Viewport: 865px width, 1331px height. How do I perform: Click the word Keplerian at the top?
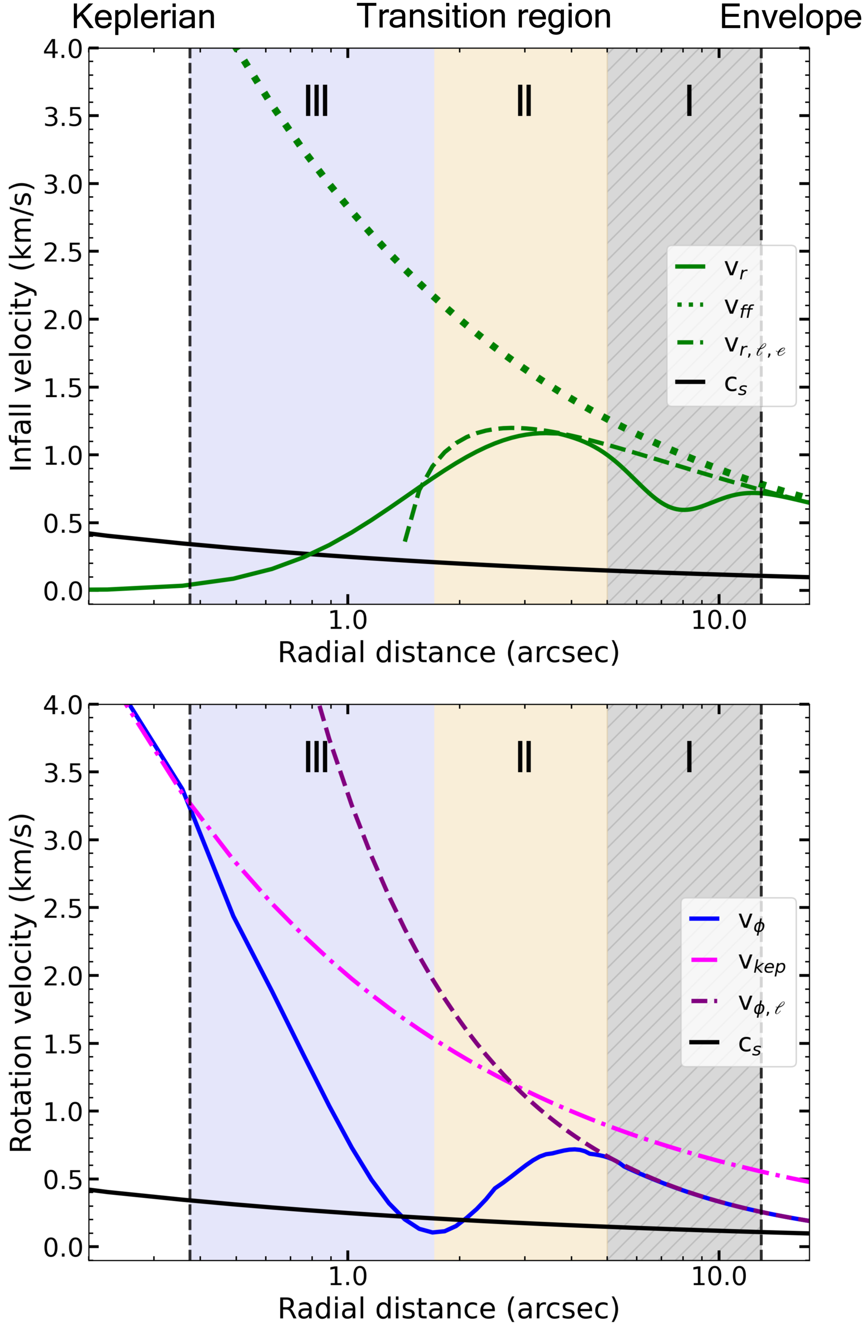(144, 18)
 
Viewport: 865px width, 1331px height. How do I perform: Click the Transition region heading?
(484, 17)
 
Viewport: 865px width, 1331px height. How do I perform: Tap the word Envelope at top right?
(790, 18)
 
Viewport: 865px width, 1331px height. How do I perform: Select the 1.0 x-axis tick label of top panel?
(347, 621)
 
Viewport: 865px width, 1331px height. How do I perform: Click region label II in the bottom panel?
(524, 757)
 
